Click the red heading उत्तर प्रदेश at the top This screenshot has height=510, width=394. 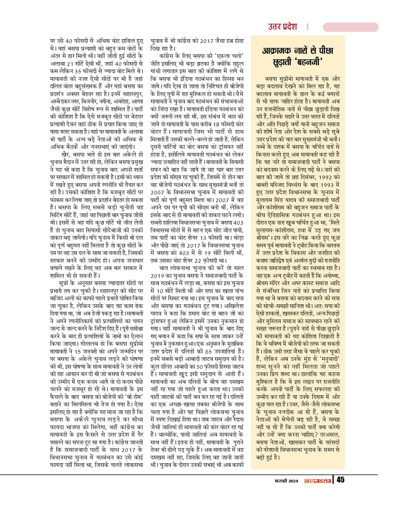(282, 27)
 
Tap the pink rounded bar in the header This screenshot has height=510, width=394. (351, 27)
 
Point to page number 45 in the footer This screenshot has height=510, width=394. (341, 480)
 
